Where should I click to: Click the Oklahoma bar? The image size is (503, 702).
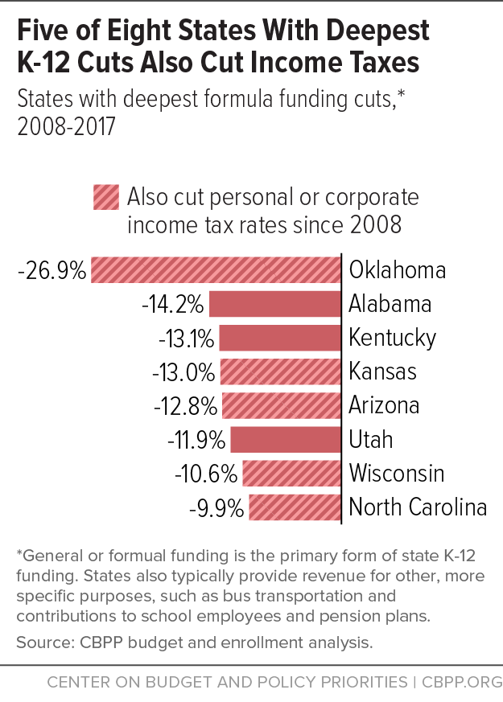tap(216, 270)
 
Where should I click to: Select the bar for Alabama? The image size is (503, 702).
tap(274, 304)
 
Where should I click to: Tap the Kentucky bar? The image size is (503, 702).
tap(279, 338)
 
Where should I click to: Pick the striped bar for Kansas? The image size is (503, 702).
tap(279, 372)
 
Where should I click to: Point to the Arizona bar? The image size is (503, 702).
tap(280, 405)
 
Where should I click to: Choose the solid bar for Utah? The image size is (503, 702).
tap(285, 440)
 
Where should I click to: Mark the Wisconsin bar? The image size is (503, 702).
tap(291, 474)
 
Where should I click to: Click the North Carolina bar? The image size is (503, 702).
tap(295, 507)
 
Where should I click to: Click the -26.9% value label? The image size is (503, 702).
tap(52, 271)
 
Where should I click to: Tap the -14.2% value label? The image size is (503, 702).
tap(172, 305)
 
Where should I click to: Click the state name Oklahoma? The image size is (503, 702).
tap(397, 270)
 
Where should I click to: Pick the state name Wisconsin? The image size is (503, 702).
tap(396, 474)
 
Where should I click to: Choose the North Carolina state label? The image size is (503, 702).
tap(418, 507)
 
